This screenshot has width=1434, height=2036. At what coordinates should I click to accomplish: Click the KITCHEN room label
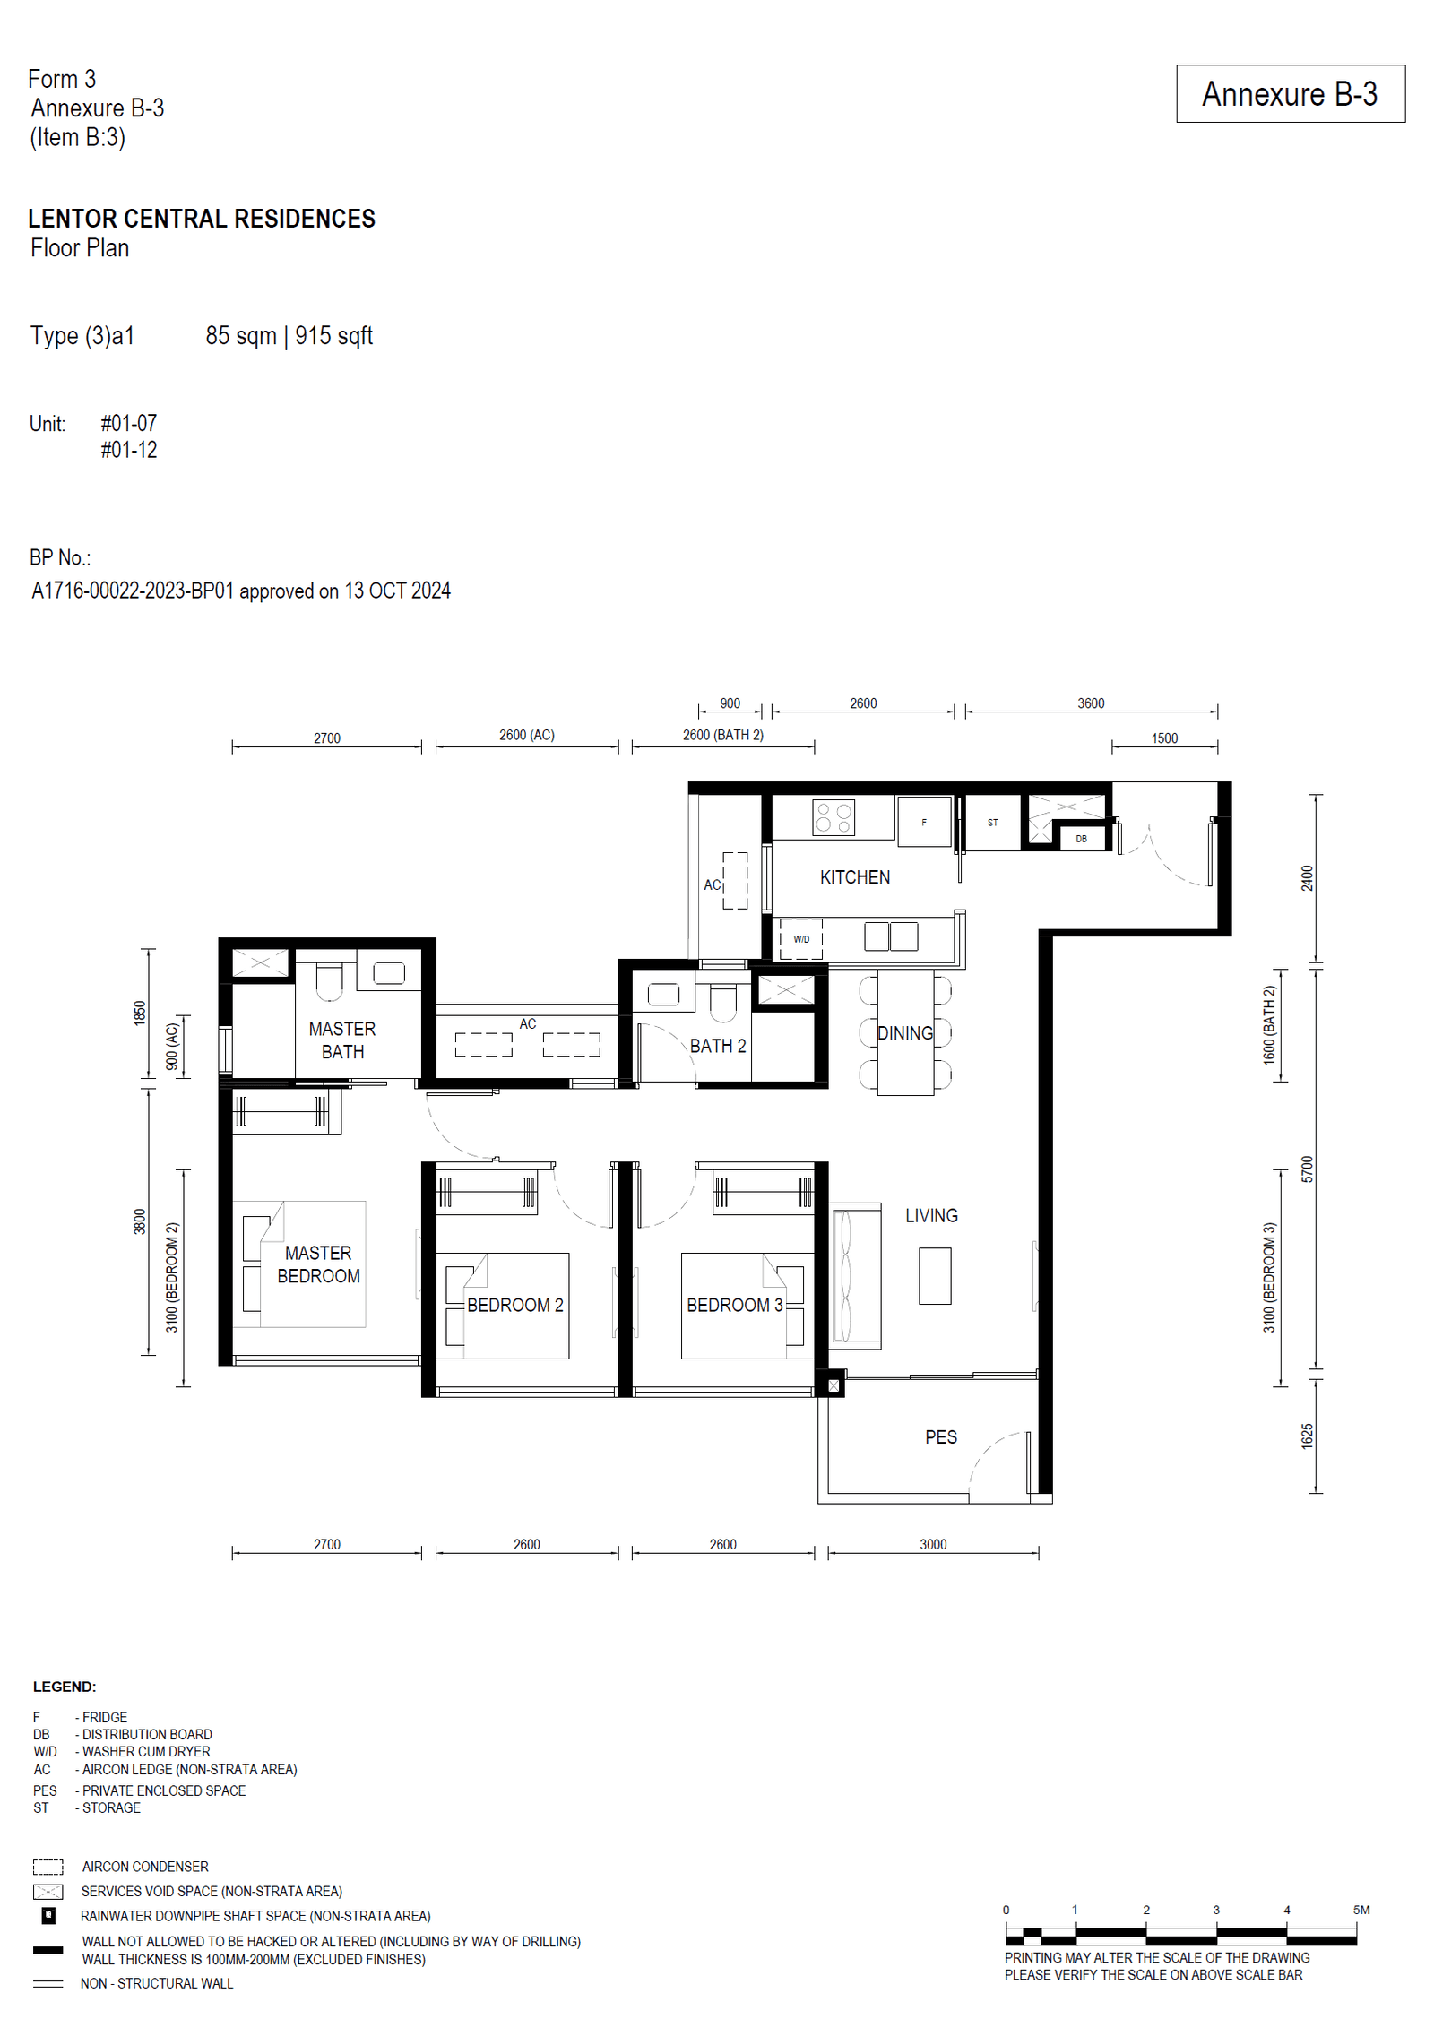[854, 876]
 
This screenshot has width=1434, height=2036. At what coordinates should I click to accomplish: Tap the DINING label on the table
[904, 1032]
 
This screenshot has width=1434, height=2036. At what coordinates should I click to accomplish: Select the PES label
[940, 1436]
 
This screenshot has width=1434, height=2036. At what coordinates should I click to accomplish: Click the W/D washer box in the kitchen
[800, 938]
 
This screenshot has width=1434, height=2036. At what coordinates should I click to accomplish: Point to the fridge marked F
[923, 821]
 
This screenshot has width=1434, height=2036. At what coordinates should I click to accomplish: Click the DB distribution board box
[1081, 838]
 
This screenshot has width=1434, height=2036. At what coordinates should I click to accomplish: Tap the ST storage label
[992, 822]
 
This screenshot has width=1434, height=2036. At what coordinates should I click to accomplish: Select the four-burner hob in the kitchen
[833, 816]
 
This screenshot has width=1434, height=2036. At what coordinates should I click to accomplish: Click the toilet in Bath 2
[722, 1002]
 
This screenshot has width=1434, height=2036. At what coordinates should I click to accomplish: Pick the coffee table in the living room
[934, 1275]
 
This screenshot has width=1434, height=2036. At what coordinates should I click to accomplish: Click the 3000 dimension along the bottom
[932, 1543]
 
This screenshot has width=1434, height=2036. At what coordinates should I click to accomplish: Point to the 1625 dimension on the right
[1306, 1435]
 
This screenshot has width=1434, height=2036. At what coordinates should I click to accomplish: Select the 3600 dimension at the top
[1090, 703]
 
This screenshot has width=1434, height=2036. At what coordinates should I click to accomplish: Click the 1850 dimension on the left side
[139, 1013]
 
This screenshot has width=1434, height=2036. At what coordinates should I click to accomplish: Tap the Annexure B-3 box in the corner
[1289, 93]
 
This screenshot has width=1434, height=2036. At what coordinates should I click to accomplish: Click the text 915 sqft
[333, 335]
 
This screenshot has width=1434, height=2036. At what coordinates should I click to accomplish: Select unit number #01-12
[128, 450]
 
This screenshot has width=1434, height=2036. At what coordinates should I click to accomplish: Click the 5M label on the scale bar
[1361, 1909]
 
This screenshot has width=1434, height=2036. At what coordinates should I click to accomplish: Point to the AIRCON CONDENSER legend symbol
[48, 1867]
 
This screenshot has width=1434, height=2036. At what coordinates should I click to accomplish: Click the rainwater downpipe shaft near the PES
[833, 1385]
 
